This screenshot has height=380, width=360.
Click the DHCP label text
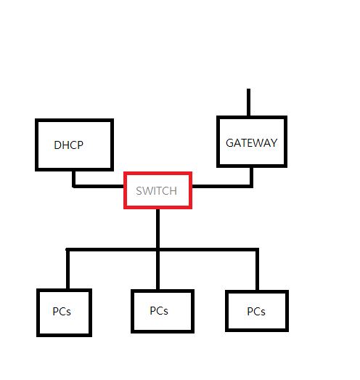pos(68,145)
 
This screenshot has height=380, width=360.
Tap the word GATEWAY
pos(251,143)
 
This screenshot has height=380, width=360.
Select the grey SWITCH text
pos(156,191)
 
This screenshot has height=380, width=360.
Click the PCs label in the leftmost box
pos(62,312)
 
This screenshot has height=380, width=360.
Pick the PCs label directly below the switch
pos(159,311)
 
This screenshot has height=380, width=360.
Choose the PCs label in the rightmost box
pos(256,312)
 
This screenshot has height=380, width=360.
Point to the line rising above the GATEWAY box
pos(248,102)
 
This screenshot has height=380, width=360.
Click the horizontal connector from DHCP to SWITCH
pos(98,186)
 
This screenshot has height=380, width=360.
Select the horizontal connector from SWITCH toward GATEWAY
pos(222,186)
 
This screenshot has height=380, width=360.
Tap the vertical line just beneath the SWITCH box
pos(157,228)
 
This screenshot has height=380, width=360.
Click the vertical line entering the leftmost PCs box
pos(67,269)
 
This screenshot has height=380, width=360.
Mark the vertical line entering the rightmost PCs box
pos(257,270)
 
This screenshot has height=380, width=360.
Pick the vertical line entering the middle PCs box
pos(157,270)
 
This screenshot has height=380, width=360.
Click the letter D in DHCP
pos(57,145)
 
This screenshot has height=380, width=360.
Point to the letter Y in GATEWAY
pos(274,143)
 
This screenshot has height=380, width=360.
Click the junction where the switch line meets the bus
pos(157,250)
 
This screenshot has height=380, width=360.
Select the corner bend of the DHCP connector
pos(74,186)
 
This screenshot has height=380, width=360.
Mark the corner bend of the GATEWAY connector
pos(251,186)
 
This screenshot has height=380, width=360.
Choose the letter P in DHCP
pos(81,145)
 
